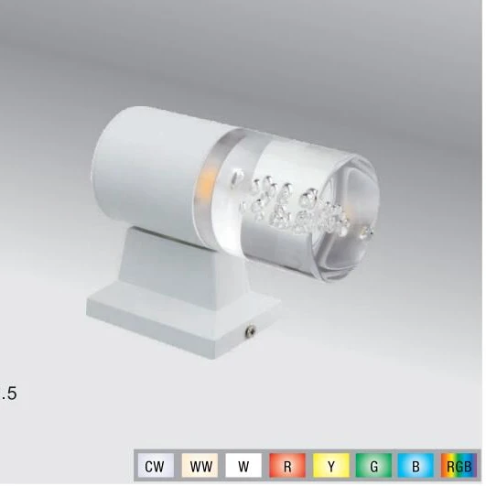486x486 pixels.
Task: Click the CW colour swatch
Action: point(156,465)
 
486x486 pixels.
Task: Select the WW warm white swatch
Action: point(200,465)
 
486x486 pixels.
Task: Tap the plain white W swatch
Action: point(243,465)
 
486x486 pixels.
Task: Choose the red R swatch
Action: point(287,465)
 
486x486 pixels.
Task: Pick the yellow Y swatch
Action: point(331,465)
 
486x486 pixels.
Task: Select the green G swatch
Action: point(373,465)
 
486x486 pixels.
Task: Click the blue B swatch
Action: point(416,465)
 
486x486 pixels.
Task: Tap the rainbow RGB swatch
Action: point(459,465)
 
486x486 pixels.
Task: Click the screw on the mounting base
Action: point(251,331)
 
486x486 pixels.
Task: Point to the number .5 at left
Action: point(9,394)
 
